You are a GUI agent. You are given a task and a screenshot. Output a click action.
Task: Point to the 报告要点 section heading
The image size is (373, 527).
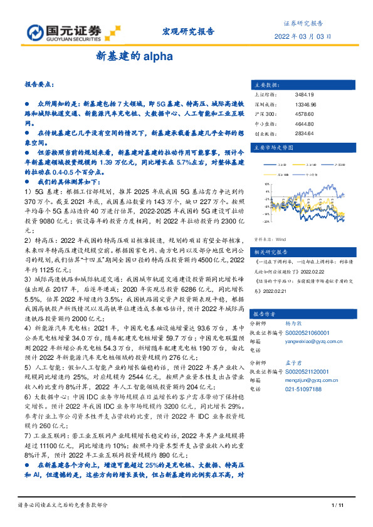39,83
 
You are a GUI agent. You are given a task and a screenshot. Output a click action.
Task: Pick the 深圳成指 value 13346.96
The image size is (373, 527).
305,104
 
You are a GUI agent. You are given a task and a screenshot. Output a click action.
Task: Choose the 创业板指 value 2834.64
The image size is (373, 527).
303,133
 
